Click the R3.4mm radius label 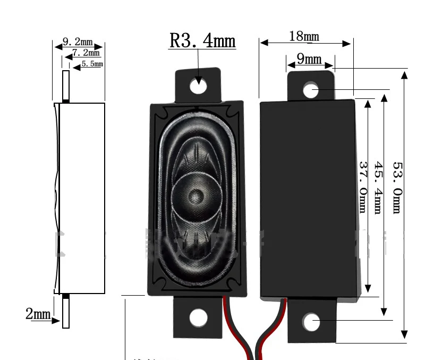point(202,40)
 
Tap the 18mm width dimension point(304,36)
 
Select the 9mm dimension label point(309,58)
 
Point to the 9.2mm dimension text point(78,41)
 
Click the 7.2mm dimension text point(86,53)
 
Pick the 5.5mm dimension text point(92,64)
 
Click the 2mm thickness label point(38,314)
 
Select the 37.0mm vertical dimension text point(362,187)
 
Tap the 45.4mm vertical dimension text point(378,187)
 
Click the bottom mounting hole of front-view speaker point(199,317)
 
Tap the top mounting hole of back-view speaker point(311,90)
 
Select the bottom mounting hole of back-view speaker point(311,322)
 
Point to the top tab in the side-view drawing point(66,85)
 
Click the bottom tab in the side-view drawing point(66,312)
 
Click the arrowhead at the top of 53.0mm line point(404,74)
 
